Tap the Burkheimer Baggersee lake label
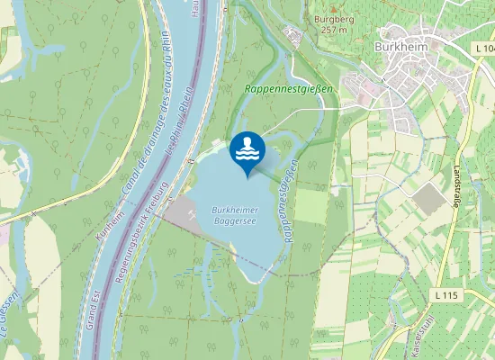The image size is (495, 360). click(236, 216)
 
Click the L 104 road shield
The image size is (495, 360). click(482, 46)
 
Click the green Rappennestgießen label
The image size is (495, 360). click(289, 89)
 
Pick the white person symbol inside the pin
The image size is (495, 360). click(247, 142)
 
